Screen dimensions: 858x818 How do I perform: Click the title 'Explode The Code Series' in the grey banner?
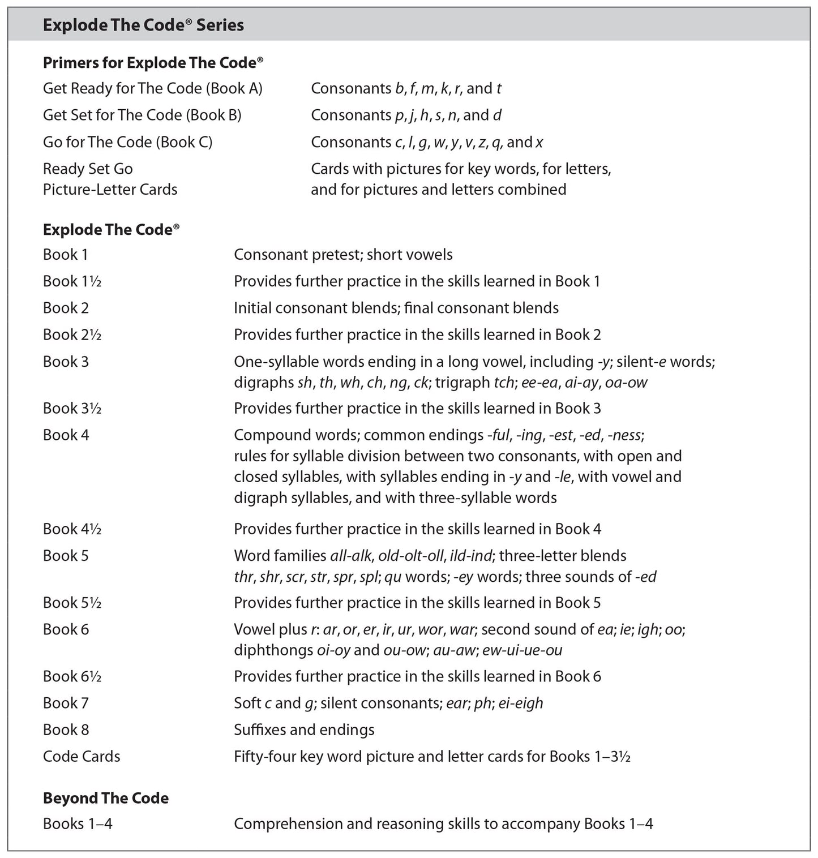tap(143, 25)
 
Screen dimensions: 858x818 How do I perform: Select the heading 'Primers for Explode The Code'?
tap(153, 63)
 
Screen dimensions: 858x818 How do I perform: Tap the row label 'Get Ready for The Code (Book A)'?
tap(152, 88)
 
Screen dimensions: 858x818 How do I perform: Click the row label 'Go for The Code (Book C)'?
tap(127, 142)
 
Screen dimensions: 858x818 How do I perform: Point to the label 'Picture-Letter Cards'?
tap(110, 189)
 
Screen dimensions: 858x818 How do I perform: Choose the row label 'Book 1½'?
tap(72, 281)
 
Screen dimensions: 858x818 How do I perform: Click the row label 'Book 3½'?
tap(72, 408)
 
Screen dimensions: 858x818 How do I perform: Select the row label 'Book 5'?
tap(66, 555)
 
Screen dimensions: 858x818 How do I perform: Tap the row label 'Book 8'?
tap(66, 730)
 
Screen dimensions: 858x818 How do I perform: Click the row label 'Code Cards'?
tap(82, 756)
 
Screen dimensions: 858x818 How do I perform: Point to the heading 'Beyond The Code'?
tap(106, 798)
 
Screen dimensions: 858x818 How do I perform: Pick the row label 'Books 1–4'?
tap(78, 823)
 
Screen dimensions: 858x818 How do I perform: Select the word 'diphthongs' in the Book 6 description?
tap(273, 650)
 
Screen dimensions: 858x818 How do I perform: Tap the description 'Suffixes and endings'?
tap(304, 730)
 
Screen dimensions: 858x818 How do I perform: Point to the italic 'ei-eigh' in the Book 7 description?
tap(520, 703)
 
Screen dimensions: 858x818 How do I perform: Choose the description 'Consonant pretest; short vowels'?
tap(343, 255)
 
